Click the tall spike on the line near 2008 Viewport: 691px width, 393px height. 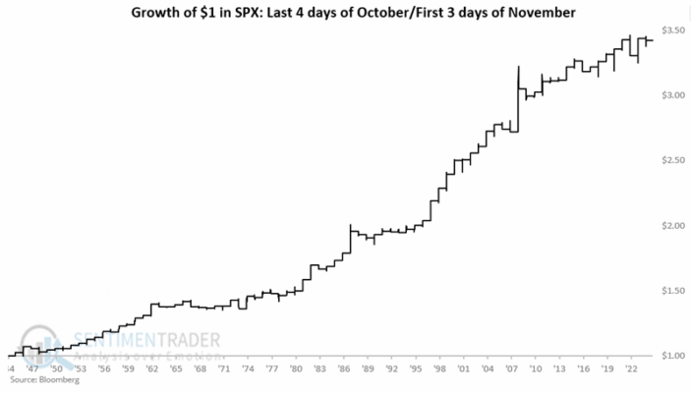pyautogui.click(x=518, y=68)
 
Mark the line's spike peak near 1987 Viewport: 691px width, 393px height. pyautogui.click(x=351, y=225)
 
